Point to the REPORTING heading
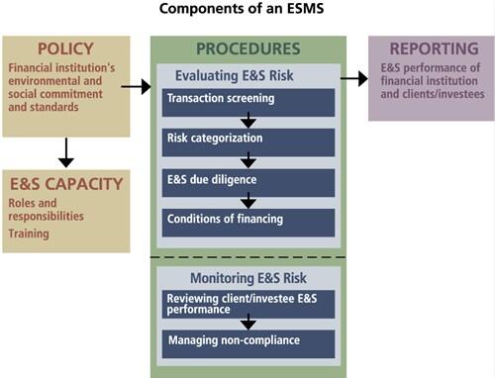click(428, 49)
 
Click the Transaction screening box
click(248, 100)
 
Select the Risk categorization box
click(248, 141)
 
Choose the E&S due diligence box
click(248, 180)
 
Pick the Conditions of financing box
click(248, 219)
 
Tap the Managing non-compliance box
click(248, 341)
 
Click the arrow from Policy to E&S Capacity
click(66, 152)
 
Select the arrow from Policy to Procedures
click(136, 88)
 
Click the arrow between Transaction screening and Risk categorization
click(248, 121)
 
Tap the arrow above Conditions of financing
click(248, 200)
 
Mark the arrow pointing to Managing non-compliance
click(248, 323)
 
